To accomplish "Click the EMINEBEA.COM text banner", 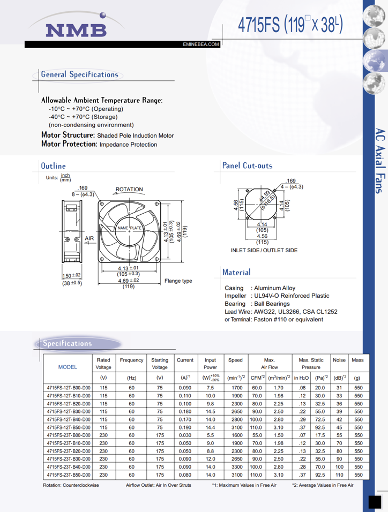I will click(x=201, y=44).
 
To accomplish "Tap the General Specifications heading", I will click(x=79, y=74).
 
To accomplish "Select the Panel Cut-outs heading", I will click(x=247, y=165).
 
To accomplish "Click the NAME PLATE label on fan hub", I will click(x=129, y=229).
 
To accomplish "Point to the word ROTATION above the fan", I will click(x=129, y=189).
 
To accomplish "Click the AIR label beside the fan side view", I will click(x=89, y=238).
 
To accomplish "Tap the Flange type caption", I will click(x=178, y=281).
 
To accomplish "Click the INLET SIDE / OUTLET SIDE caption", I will click(x=264, y=250).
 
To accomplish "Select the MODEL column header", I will click(x=67, y=367).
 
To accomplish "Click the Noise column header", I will click(x=339, y=360).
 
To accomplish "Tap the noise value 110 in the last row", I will click(x=339, y=475).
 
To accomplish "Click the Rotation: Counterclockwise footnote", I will click(x=71, y=485).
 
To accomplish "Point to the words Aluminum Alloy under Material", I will click(x=274, y=288).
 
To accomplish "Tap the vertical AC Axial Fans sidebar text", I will click(x=378, y=160).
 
